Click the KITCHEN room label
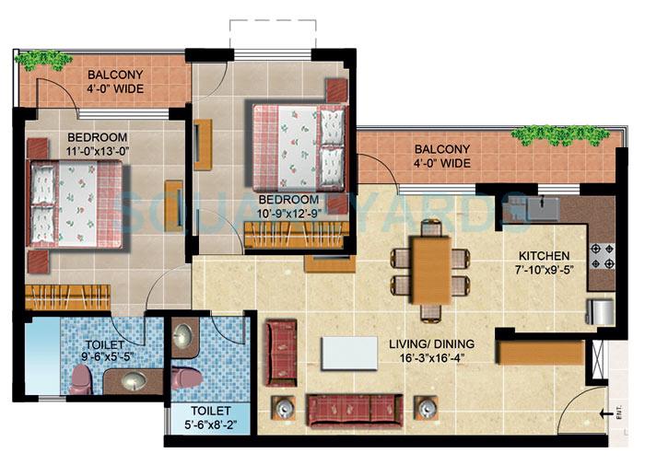544,255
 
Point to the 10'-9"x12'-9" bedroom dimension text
288,214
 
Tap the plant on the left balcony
43,61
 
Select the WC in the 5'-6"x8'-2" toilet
186,378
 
